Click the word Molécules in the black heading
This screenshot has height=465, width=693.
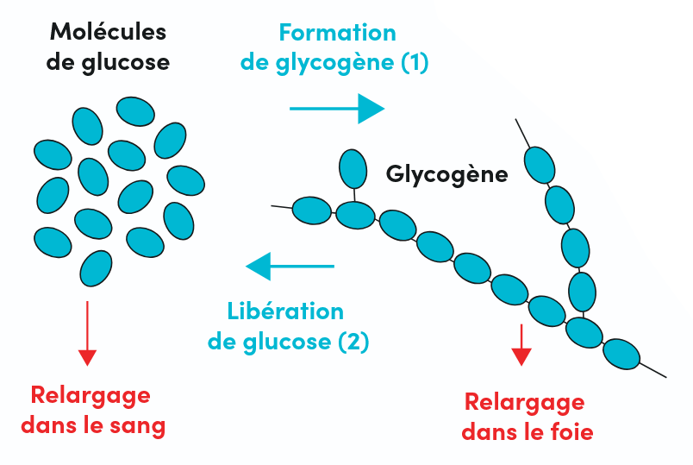click(x=108, y=33)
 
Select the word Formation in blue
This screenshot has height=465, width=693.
click(x=337, y=33)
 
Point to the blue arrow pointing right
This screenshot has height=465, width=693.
click(x=336, y=109)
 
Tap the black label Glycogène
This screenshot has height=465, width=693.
click(x=446, y=173)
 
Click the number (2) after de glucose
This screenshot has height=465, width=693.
click(x=353, y=341)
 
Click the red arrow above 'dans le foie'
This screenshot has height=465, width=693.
click(x=521, y=345)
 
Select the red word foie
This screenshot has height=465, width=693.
click(x=570, y=431)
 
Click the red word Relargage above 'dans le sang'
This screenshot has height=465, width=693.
click(x=91, y=395)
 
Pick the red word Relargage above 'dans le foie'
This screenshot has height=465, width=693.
click(x=524, y=402)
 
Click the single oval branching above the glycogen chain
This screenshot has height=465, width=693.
click(x=353, y=168)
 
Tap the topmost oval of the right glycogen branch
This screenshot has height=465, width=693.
click(x=540, y=164)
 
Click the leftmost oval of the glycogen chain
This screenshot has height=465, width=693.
click(x=312, y=210)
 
